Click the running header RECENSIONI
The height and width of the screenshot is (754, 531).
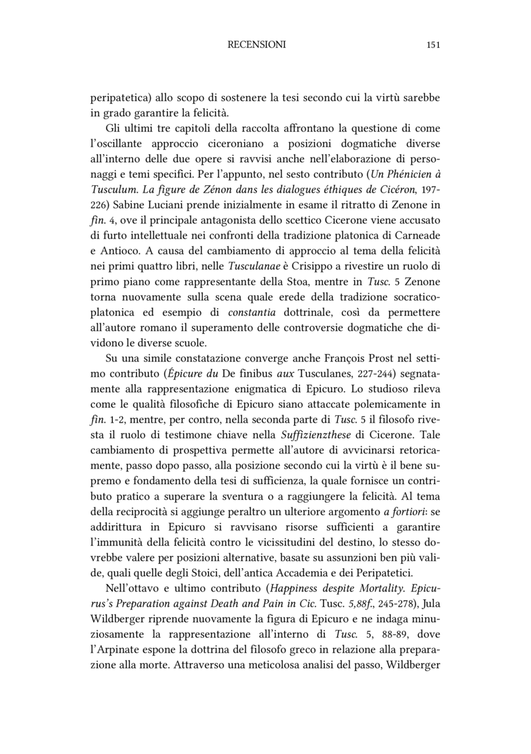(257, 45)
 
